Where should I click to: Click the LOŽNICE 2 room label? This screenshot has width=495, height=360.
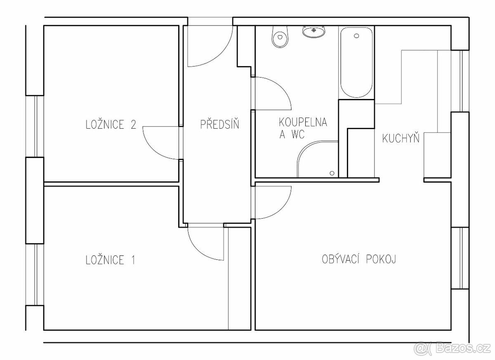(x=111, y=124)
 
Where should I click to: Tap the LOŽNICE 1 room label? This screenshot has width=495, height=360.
(x=110, y=259)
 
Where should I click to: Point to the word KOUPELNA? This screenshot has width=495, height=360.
(x=303, y=122)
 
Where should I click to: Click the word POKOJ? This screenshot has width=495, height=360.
(x=381, y=259)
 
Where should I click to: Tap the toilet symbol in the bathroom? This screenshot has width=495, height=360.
(x=280, y=37)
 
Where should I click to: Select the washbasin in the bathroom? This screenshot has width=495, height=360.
(x=314, y=31)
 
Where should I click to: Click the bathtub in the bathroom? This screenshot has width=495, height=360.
(x=356, y=62)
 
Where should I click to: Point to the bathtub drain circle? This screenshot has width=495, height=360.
(x=356, y=36)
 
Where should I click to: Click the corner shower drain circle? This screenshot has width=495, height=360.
(x=332, y=173)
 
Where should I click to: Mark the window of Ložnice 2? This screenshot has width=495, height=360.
(x=35, y=126)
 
